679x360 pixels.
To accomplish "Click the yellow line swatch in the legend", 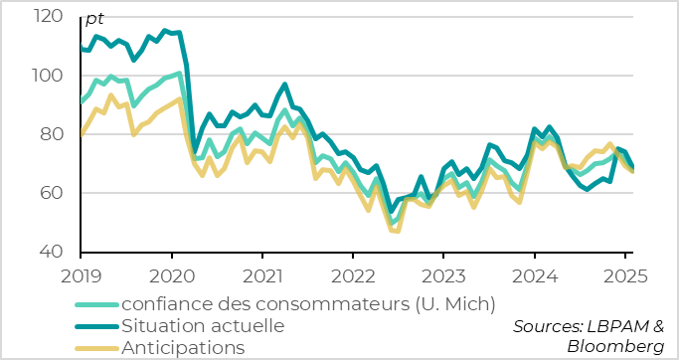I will [x=96, y=347].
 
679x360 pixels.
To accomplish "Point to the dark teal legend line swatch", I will [x=96, y=325].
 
